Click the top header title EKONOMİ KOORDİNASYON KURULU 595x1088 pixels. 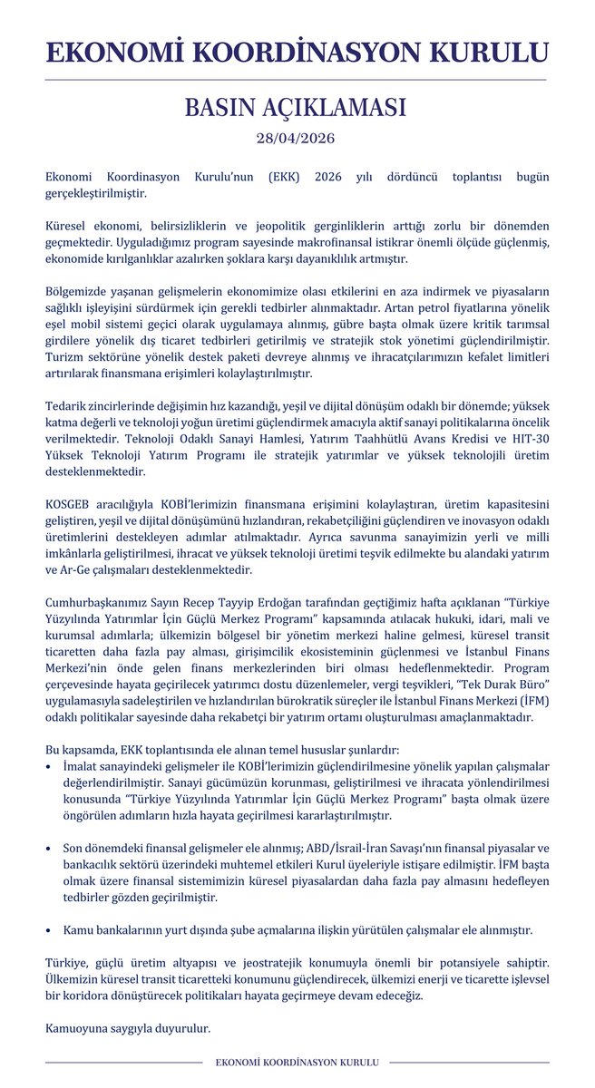[x=297, y=52]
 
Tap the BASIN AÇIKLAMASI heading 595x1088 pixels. [x=297, y=109]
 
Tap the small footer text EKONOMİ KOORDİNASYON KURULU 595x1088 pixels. [x=297, y=1062]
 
